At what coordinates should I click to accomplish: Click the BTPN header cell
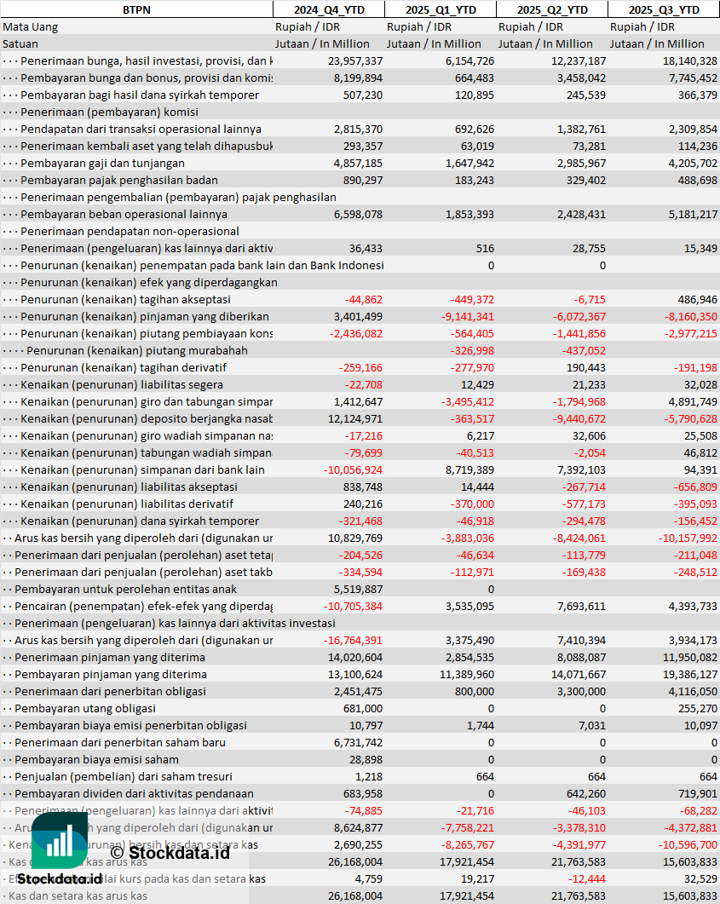pyautogui.click(x=136, y=9)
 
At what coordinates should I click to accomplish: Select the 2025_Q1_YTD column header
pyautogui.click(x=440, y=9)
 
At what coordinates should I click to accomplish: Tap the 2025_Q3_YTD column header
pyautogui.click(x=664, y=9)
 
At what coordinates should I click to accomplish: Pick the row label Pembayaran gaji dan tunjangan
pyautogui.click(x=102, y=163)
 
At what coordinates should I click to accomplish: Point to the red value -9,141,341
pyautogui.click(x=464, y=316)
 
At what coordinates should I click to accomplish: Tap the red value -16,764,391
pyautogui.click(x=353, y=640)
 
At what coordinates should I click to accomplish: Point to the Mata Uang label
pyautogui.click(x=31, y=26)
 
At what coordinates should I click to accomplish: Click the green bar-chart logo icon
pyautogui.click(x=60, y=840)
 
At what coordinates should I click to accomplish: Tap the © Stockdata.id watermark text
pyautogui.click(x=170, y=851)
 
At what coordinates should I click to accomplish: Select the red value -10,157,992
pyautogui.click(x=683, y=538)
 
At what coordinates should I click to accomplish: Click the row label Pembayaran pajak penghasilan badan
pyautogui.click(x=118, y=180)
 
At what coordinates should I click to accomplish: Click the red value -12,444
pyautogui.click(x=584, y=878)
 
